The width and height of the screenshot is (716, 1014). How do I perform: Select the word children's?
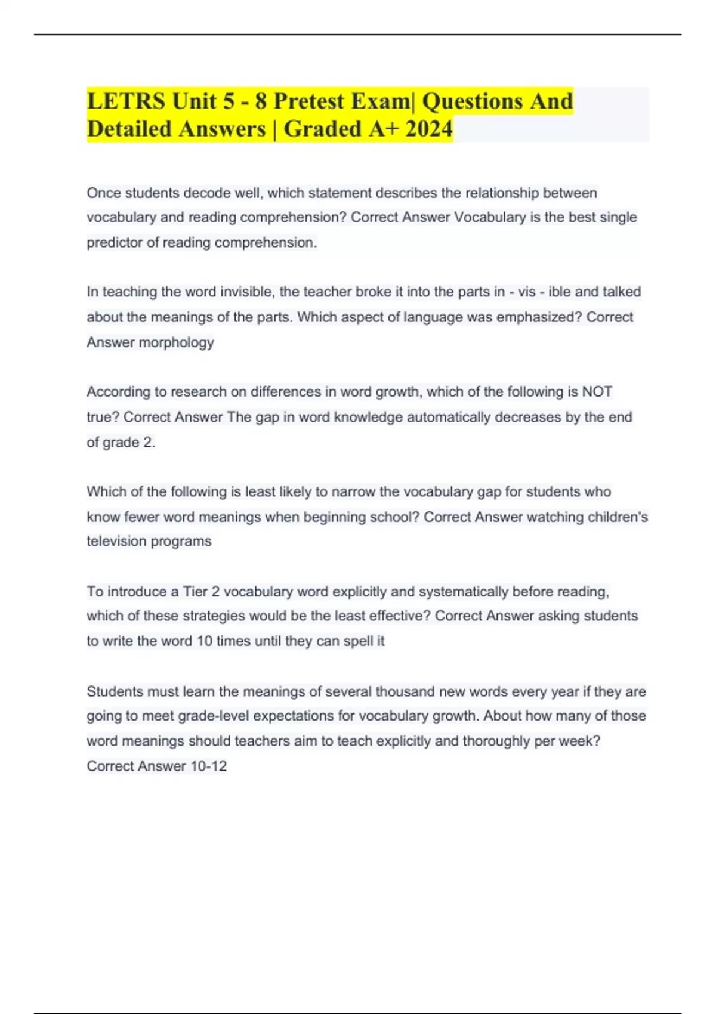[x=618, y=517]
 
